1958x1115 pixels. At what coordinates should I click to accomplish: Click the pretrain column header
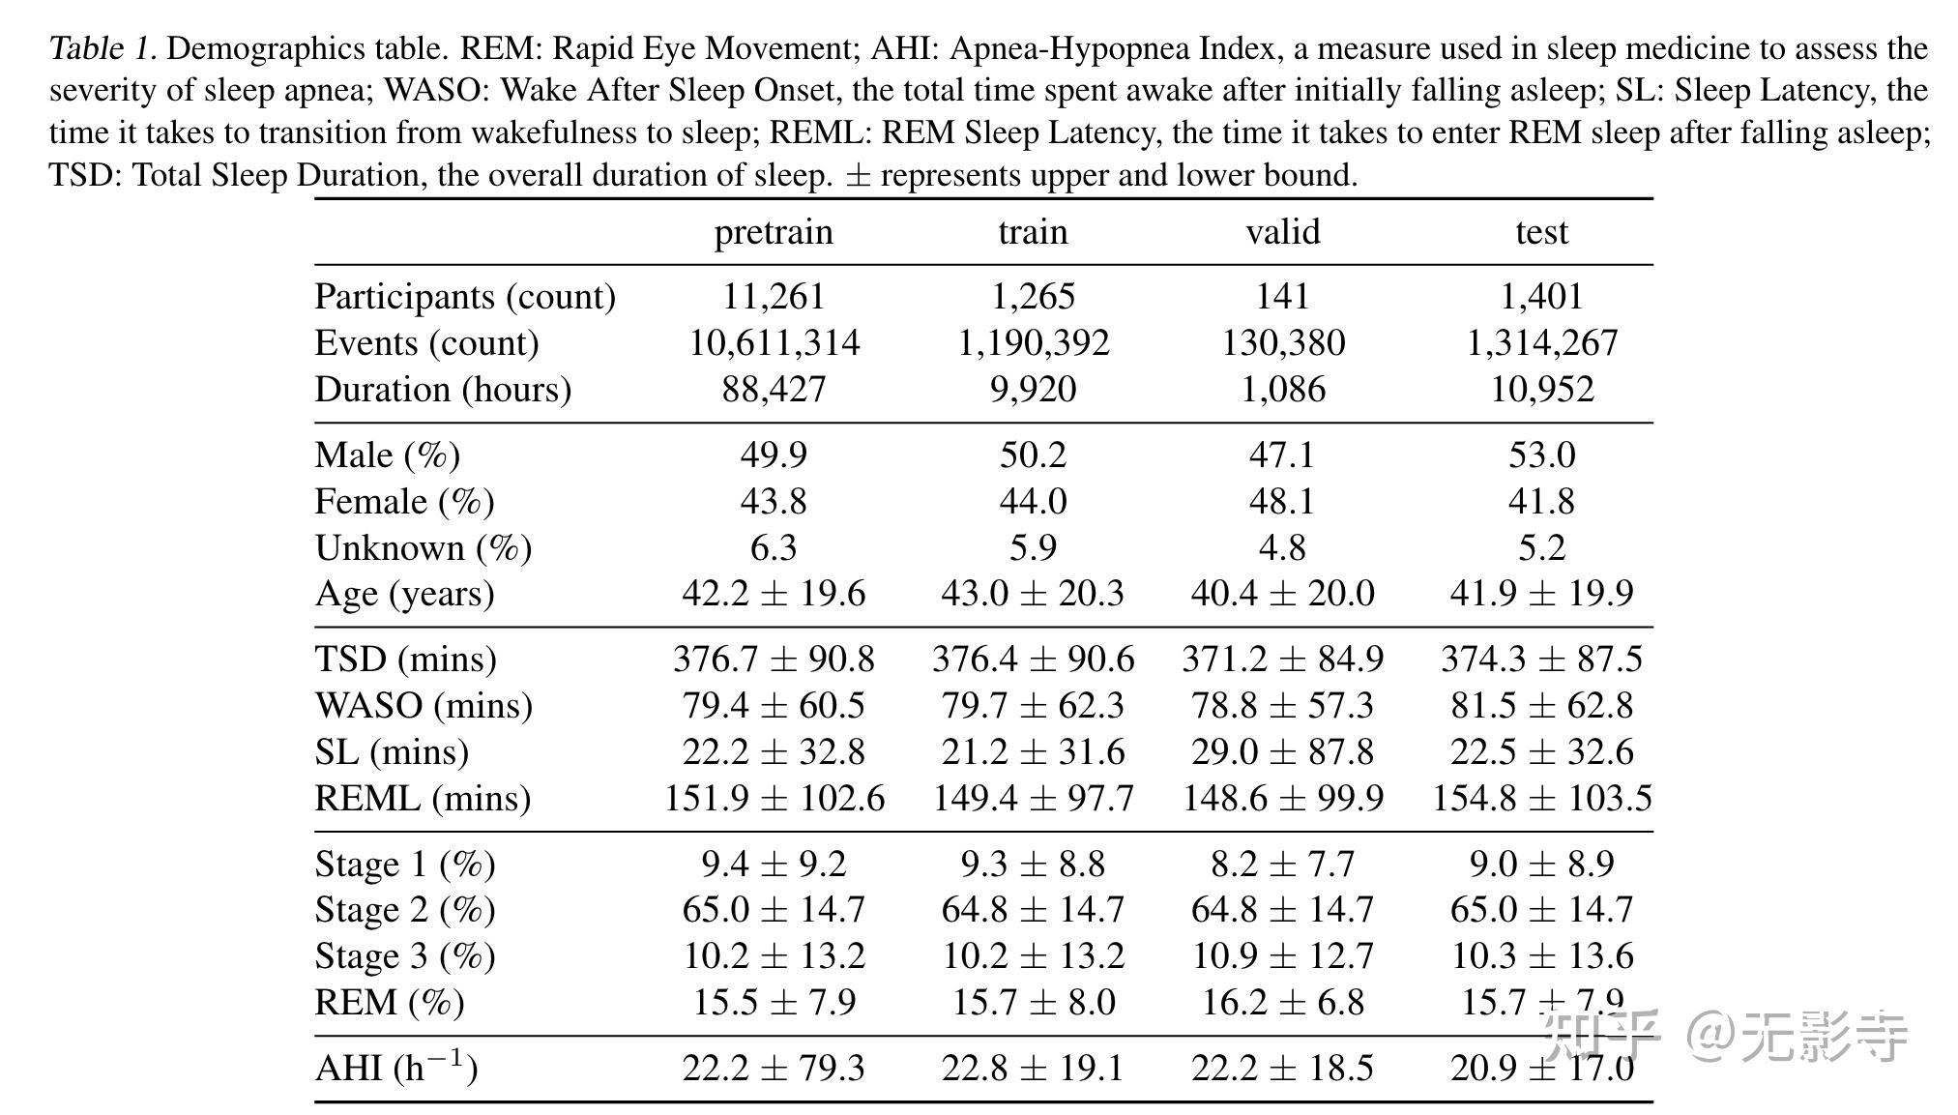pyautogui.click(x=774, y=232)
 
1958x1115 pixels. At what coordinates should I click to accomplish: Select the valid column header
pyautogui.click(x=1282, y=232)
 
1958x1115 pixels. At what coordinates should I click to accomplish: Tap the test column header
pyautogui.click(x=1541, y=232)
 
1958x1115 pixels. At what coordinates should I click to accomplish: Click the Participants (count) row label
pyautogui.click(x=465, y=297)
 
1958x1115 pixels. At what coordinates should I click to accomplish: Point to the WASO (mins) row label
pyautogui.click(x=424, y=706)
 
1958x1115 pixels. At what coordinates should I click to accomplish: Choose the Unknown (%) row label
pyautogui.click(x=424, y=548)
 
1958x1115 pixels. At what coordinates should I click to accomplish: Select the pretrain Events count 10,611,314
pyautogui.click(x=774, y=343)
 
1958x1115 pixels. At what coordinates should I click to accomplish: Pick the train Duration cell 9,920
pyautogui.click(x=1033, y=390)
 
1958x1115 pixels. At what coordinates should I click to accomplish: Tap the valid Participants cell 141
pyautogui.click(x=1282, y=297)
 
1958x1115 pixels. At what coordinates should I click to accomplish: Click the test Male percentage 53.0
pyautogui.click(x=1541, y=455)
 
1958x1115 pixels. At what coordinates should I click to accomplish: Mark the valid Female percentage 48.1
pyautogui.click(x=1282, y=502)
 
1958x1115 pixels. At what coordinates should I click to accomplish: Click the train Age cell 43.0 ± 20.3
pyautogui.click(x=1033, y=594)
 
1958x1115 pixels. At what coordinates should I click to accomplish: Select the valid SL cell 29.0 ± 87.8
pyautogui.click(x=1282, y=752)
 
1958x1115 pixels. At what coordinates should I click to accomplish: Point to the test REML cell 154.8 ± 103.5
pyautogui.click(x=1541, y=799)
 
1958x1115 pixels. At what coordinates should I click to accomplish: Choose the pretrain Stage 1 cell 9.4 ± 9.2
pyautogui.click(x=774, y=864)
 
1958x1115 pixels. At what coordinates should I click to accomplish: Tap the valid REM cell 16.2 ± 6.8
pyautogui.click(x=1282, y=1003)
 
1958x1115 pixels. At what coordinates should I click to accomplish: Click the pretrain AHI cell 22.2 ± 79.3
pyautogui.click(x=774, y=1069)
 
